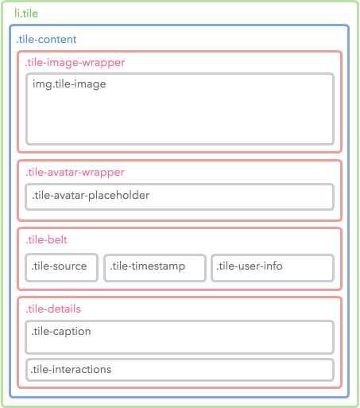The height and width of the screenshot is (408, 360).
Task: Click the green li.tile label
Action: (x=26, y=14)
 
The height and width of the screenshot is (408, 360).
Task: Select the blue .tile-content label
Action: (x=46, y=39)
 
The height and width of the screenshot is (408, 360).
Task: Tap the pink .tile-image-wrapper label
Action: (x=75, y=63)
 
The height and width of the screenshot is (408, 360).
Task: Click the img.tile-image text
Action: (x=69, y=84)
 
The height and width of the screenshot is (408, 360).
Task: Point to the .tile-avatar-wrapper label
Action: (x=75, y=173)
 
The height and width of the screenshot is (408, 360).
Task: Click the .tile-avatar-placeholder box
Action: (x=180, y=197)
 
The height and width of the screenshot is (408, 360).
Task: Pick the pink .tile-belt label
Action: (x=46, y=239)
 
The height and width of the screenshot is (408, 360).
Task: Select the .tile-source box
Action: (x=62, y=267)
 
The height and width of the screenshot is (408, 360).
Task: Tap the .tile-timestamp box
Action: (x=155, y=268)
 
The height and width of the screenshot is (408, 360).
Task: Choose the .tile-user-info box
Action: (x=273, y=268)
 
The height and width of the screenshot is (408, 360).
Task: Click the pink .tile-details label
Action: (x=53, y=309)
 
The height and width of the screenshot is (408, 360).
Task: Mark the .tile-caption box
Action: (x=180, y=337)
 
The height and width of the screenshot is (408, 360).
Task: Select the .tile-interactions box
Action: (x=180, y=370)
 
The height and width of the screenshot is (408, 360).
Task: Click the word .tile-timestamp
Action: (x=148, y=266)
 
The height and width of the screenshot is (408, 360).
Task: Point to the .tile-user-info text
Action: (x=250, y=266)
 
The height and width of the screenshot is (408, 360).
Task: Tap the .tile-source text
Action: (x=59, y=266)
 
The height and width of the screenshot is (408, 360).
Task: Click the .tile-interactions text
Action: (x=71, y=369)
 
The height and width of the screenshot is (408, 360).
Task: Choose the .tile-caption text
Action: (x=61, y=332)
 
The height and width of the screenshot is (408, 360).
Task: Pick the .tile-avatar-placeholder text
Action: (x=91, y=196)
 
